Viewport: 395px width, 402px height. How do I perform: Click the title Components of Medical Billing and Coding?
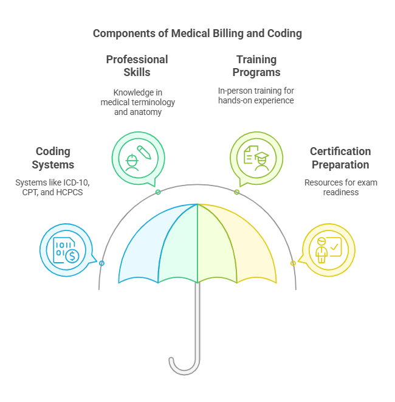(x=197, y=33)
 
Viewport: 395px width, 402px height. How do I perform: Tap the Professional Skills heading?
(x=137, y=66)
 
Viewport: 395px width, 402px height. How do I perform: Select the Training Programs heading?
(x=256, y=66)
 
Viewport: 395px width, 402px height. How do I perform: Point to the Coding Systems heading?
(x=53, y=158)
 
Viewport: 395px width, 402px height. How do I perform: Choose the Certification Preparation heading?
(x=340, y=158)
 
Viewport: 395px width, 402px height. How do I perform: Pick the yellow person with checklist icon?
(x=328, y=249)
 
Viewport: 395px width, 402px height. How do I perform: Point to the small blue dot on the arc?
(x=101, y=263)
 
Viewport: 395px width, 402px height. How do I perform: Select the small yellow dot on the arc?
(x=293, y=263)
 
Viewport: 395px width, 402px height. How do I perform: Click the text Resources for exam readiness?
(x=340, y=187)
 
